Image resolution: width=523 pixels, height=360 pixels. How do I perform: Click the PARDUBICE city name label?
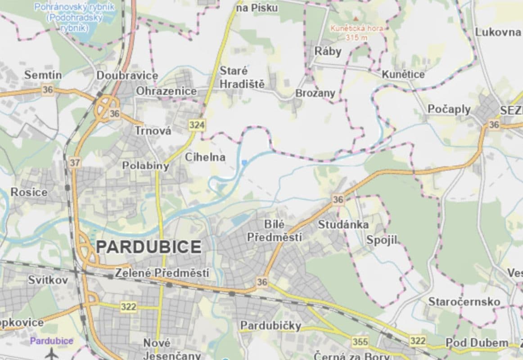(149, 247)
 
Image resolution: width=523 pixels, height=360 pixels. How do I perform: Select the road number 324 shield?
(197, 125)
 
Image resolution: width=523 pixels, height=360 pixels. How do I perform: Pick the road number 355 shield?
(360, 342)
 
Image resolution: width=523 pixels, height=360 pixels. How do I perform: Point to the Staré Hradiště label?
(242, 77)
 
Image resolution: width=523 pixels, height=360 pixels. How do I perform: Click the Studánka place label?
(343, 224)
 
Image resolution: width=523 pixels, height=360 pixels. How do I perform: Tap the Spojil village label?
(382, 240)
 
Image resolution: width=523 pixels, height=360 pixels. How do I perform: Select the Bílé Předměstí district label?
(275, 230)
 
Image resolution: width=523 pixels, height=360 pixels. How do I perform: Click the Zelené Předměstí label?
(162, 273)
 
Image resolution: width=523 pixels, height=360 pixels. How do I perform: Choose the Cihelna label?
(205, 157)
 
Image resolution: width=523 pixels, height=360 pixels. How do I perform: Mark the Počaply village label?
(449, 109)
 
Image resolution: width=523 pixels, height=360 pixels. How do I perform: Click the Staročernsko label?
(464, 301)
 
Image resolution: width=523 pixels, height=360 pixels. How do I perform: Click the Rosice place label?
(29, 192)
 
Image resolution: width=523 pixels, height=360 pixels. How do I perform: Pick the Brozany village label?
(315, 93)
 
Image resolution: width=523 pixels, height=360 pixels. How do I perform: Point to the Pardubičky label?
(271, 325)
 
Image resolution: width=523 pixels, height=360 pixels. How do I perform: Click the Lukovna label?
(498, 32)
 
